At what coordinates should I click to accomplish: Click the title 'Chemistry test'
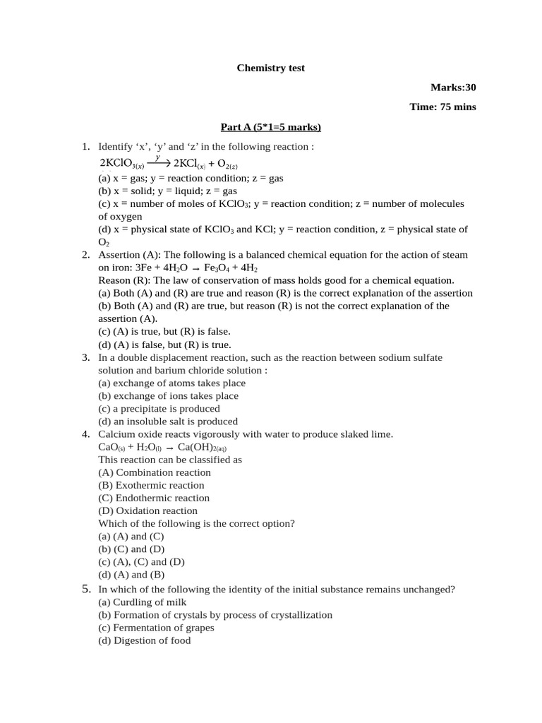click(270, 68)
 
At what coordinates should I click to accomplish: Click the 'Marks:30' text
click(453, 88)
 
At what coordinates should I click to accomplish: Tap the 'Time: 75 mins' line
click(442, 107)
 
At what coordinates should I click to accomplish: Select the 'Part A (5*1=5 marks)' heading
click(270, 127)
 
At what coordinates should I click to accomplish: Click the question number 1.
click(85, 147)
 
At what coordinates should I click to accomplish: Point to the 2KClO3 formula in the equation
click(121, 164)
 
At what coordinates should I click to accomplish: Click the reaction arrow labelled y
click(158, 162)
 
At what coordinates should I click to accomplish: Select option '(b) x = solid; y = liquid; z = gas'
click(167, 191)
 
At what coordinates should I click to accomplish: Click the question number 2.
click(85, 255)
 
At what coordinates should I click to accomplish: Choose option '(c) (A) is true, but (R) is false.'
click(164, 331)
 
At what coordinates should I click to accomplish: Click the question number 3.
click(85, 358)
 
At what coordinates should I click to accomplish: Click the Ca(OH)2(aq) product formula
click(202, 448)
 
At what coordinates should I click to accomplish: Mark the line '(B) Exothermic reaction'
click(151, 486)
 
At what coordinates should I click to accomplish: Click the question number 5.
click(85, 589)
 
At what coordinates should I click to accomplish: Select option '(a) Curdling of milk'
click(142, 602)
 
